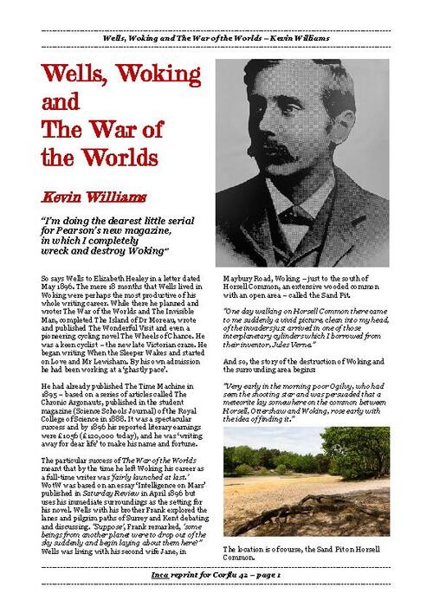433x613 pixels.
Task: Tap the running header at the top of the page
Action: pos(217,41)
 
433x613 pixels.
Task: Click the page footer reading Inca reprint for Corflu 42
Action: pos(216,575)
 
